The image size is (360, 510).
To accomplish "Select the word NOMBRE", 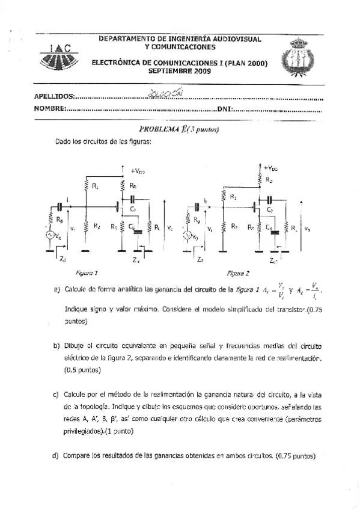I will pos(49,109).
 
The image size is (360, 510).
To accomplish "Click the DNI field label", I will pos(224,109).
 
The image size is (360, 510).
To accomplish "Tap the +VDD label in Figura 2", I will pos(270,168).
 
